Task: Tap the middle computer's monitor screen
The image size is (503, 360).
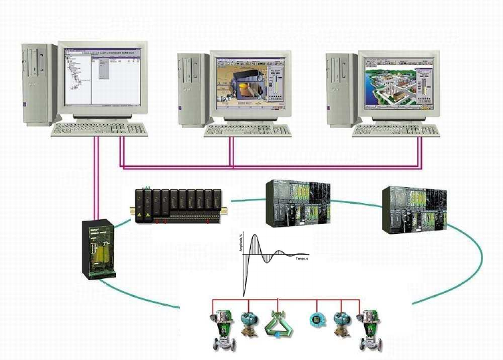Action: coord(249,83)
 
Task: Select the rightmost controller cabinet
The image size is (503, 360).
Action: coord(412,209)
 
